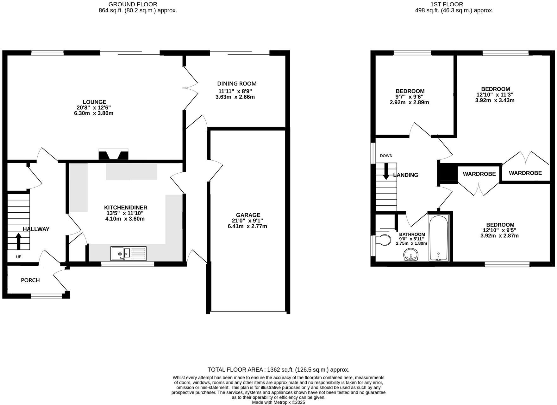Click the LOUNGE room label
tap(94, 102)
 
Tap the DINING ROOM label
tap(237, 84)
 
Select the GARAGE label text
tap(248, 215)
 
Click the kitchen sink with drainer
tap(128, 253)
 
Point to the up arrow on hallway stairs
tap(18, 241)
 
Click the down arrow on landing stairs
tap(386, 172)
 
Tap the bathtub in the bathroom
tap(439, 238)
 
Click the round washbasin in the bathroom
tap(411, 255)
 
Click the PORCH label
tap(30, 280)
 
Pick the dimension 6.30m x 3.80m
tap(94, 113)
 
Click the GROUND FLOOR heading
tap(133, 4)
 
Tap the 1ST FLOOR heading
tap(451, 4)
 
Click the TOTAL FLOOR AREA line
tap(278, 370)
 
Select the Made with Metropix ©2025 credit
tap(278, 402)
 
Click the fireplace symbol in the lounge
tap(114, 154)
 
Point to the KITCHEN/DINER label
tap(126, 208)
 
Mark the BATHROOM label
tap(412, 234)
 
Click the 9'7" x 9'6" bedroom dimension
tap(409, 97)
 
